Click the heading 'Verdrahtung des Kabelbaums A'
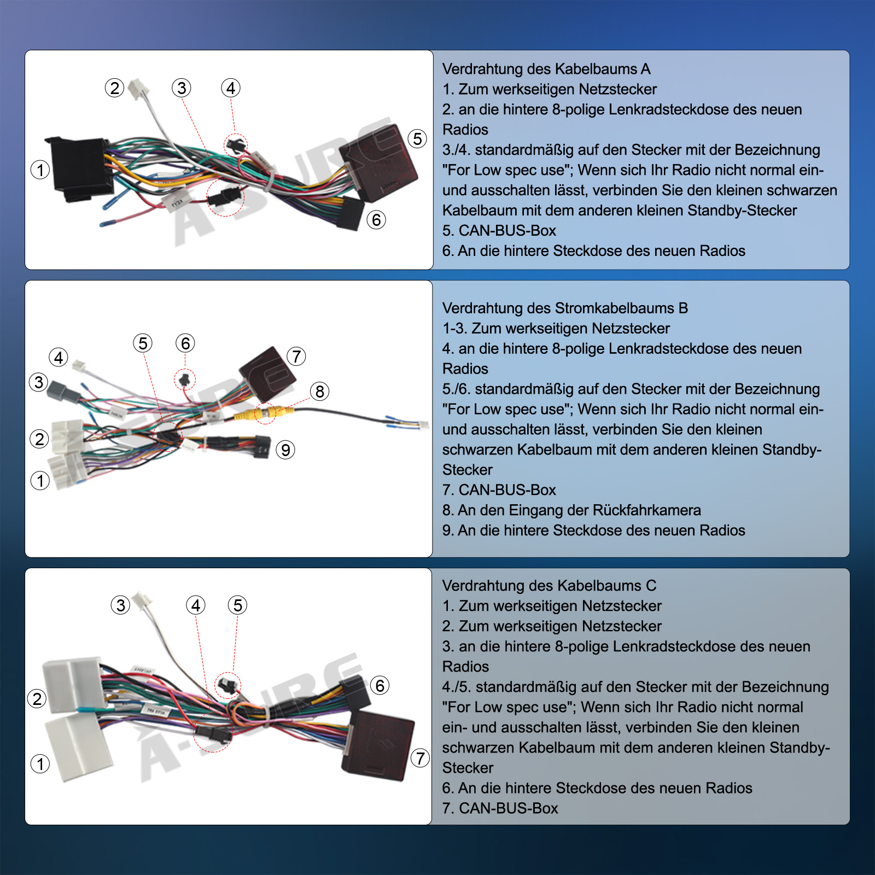(546, 69)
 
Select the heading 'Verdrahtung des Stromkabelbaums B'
(565, 308)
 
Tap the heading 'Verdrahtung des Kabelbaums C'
(549, 586)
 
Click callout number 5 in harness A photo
(418, 138)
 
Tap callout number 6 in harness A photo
(376, 220)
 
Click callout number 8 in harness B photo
(320, 391)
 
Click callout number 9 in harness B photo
(285, 450)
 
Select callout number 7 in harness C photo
(420, 758)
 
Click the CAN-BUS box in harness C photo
(377, 745)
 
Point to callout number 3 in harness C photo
(120, 605)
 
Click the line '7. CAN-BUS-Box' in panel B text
(499, 490)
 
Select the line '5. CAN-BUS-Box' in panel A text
(499, 231)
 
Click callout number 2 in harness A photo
(115, 87)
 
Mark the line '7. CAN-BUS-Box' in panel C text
(500, 808)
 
